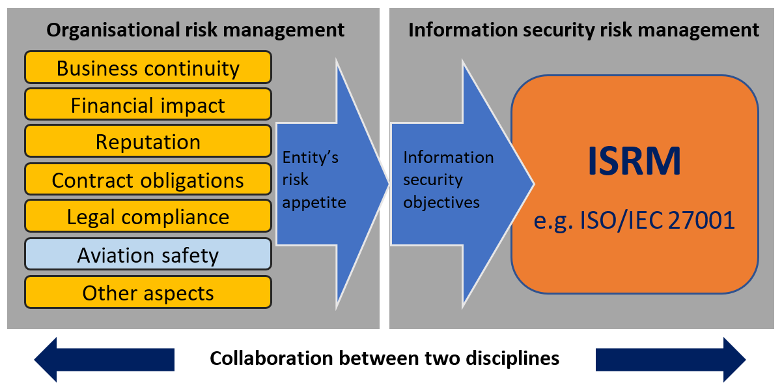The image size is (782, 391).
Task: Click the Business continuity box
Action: (148, 68)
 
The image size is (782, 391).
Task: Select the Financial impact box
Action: (148, 105)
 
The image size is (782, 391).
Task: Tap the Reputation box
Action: (148, 142)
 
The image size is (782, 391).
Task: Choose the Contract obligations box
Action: (148, 180)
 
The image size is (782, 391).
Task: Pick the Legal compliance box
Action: (148, 217)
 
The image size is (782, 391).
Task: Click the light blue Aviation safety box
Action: (148, 255)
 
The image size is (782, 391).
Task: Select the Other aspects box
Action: (148, 293)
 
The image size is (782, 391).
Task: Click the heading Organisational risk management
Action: (195, 30)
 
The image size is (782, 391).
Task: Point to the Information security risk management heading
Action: (583, 30)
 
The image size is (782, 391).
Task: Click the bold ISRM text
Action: (634, 161)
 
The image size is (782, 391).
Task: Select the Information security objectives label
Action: (448, 180)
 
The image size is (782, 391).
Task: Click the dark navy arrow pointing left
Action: (104, 359)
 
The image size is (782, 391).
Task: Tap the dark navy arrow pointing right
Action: (671, 359)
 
